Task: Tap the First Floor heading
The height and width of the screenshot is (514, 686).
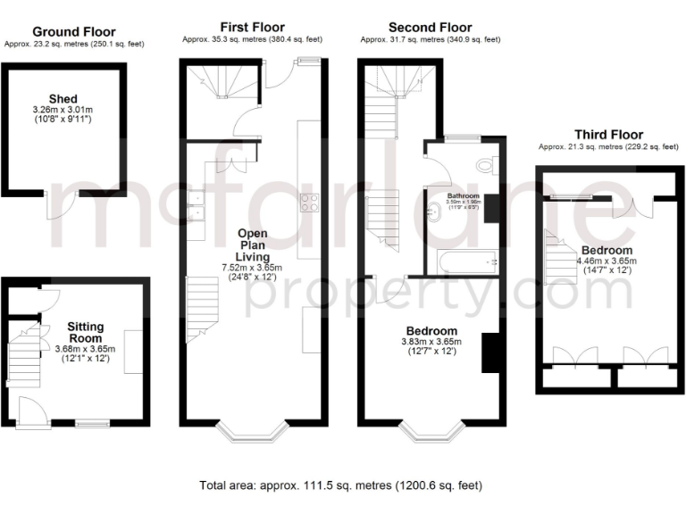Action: click(253, 28)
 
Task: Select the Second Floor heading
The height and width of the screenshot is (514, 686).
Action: click(431, 28)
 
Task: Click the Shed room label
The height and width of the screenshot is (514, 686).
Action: click(63, 99)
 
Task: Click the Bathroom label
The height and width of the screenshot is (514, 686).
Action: click(464, 196)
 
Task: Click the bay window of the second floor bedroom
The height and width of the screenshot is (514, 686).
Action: click(431, 432)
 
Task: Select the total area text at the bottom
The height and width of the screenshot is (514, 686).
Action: click(340, 486)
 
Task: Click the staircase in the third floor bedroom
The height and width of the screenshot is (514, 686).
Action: click(560, 259)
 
